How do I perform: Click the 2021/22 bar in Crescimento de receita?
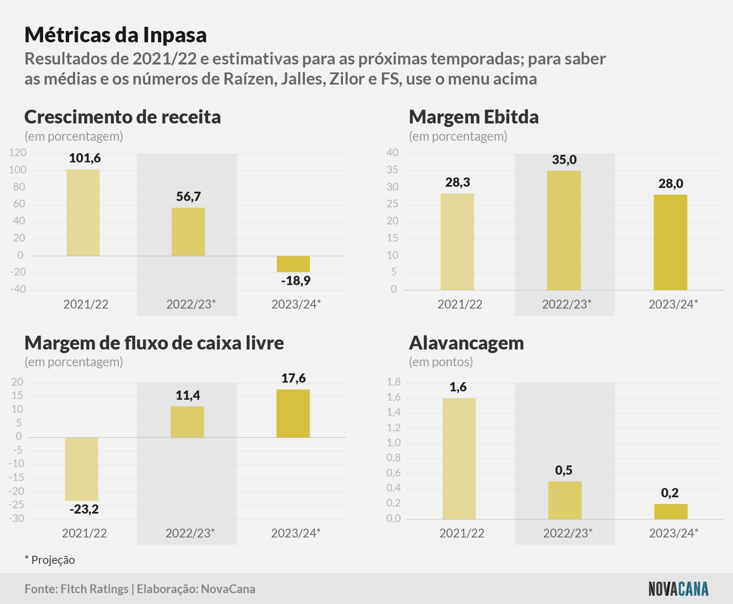(x=83, y=213)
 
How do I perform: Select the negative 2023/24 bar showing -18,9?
(x=293, y=264)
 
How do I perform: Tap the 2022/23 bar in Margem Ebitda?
(x=564, y=230)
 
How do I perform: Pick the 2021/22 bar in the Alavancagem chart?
(x=459, y=459)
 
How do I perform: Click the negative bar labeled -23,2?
(x=82, y=469)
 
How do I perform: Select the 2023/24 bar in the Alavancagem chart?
(x=671, y=511)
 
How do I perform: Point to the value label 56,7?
(x=188, y=197)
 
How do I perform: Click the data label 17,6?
(x=294, y=378)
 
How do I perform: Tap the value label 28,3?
(x=458, y=182)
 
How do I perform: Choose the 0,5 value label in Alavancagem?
(x=564, y=470)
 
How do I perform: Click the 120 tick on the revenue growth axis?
(x=18, y=153)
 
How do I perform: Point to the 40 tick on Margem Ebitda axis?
(x=392, y=153)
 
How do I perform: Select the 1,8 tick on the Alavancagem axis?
(x=394, y=382)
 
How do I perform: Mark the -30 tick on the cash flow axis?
(x=16, y=519)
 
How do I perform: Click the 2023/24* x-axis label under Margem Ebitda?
(x=674, y=304)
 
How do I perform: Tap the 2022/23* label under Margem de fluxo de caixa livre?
(x=190, y=533)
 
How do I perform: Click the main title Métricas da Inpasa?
(x=116, y=35)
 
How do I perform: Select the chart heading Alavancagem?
(x=467, y=343)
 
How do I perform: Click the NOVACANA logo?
(x=679, y=589)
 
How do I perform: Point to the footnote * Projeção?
(x=50, y=560)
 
